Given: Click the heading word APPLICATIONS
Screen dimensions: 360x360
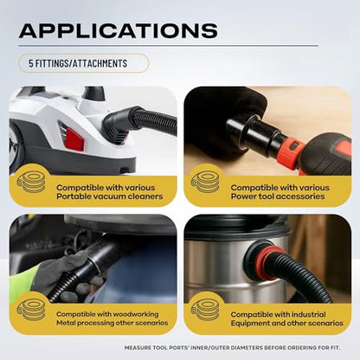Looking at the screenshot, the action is point(119,30).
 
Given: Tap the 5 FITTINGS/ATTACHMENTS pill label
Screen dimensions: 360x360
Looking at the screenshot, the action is point(84,63).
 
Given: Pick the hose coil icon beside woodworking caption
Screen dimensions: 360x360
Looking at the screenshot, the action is point(32,310).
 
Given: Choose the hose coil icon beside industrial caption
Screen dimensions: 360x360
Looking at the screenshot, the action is point(205,310).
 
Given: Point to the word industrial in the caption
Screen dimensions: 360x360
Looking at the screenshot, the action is point(309,314).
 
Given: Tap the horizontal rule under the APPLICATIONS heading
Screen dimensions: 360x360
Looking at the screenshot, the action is point(169,45).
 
